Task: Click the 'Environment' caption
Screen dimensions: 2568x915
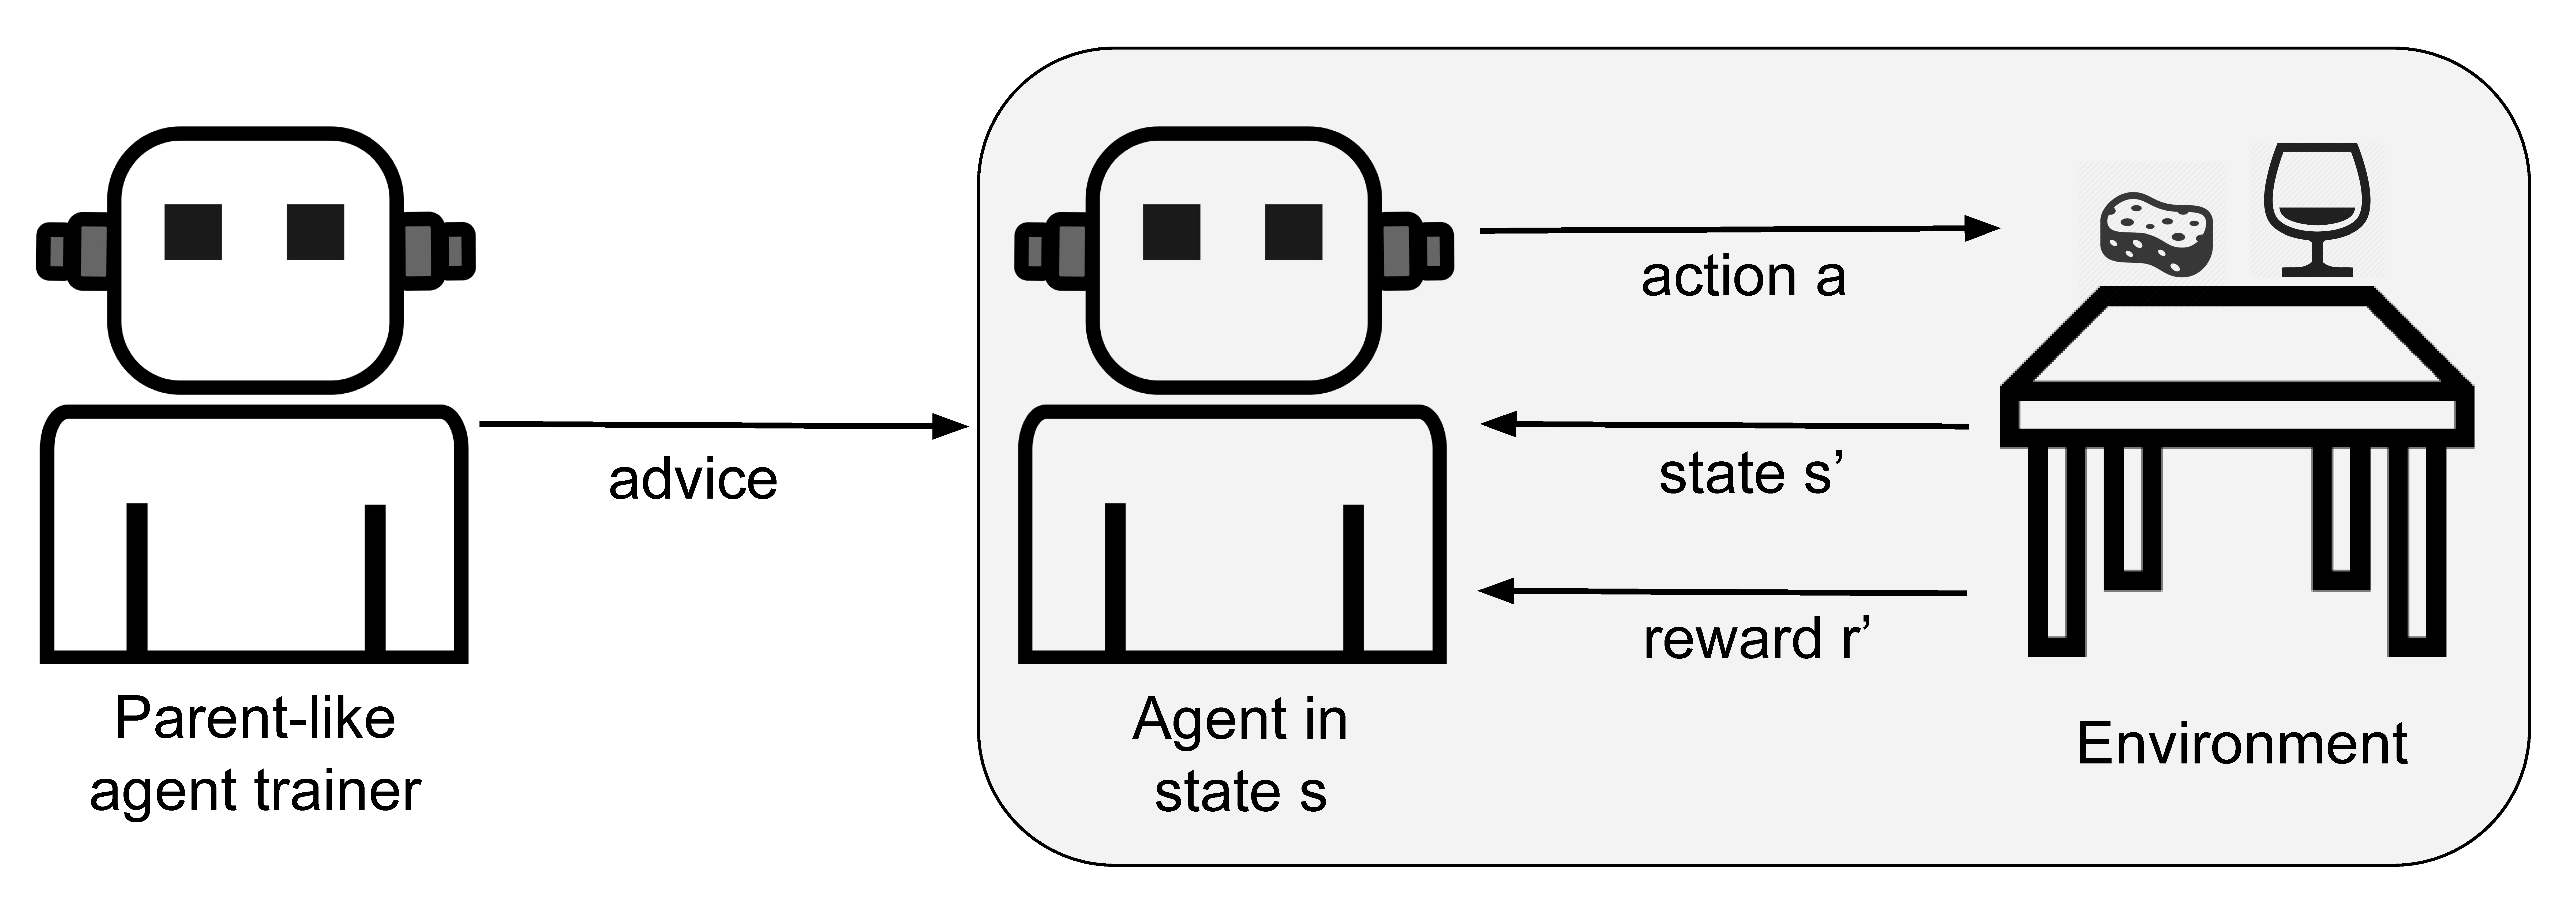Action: tap(2242, 744)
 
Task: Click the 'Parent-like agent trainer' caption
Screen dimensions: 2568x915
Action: tap(255, 755)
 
